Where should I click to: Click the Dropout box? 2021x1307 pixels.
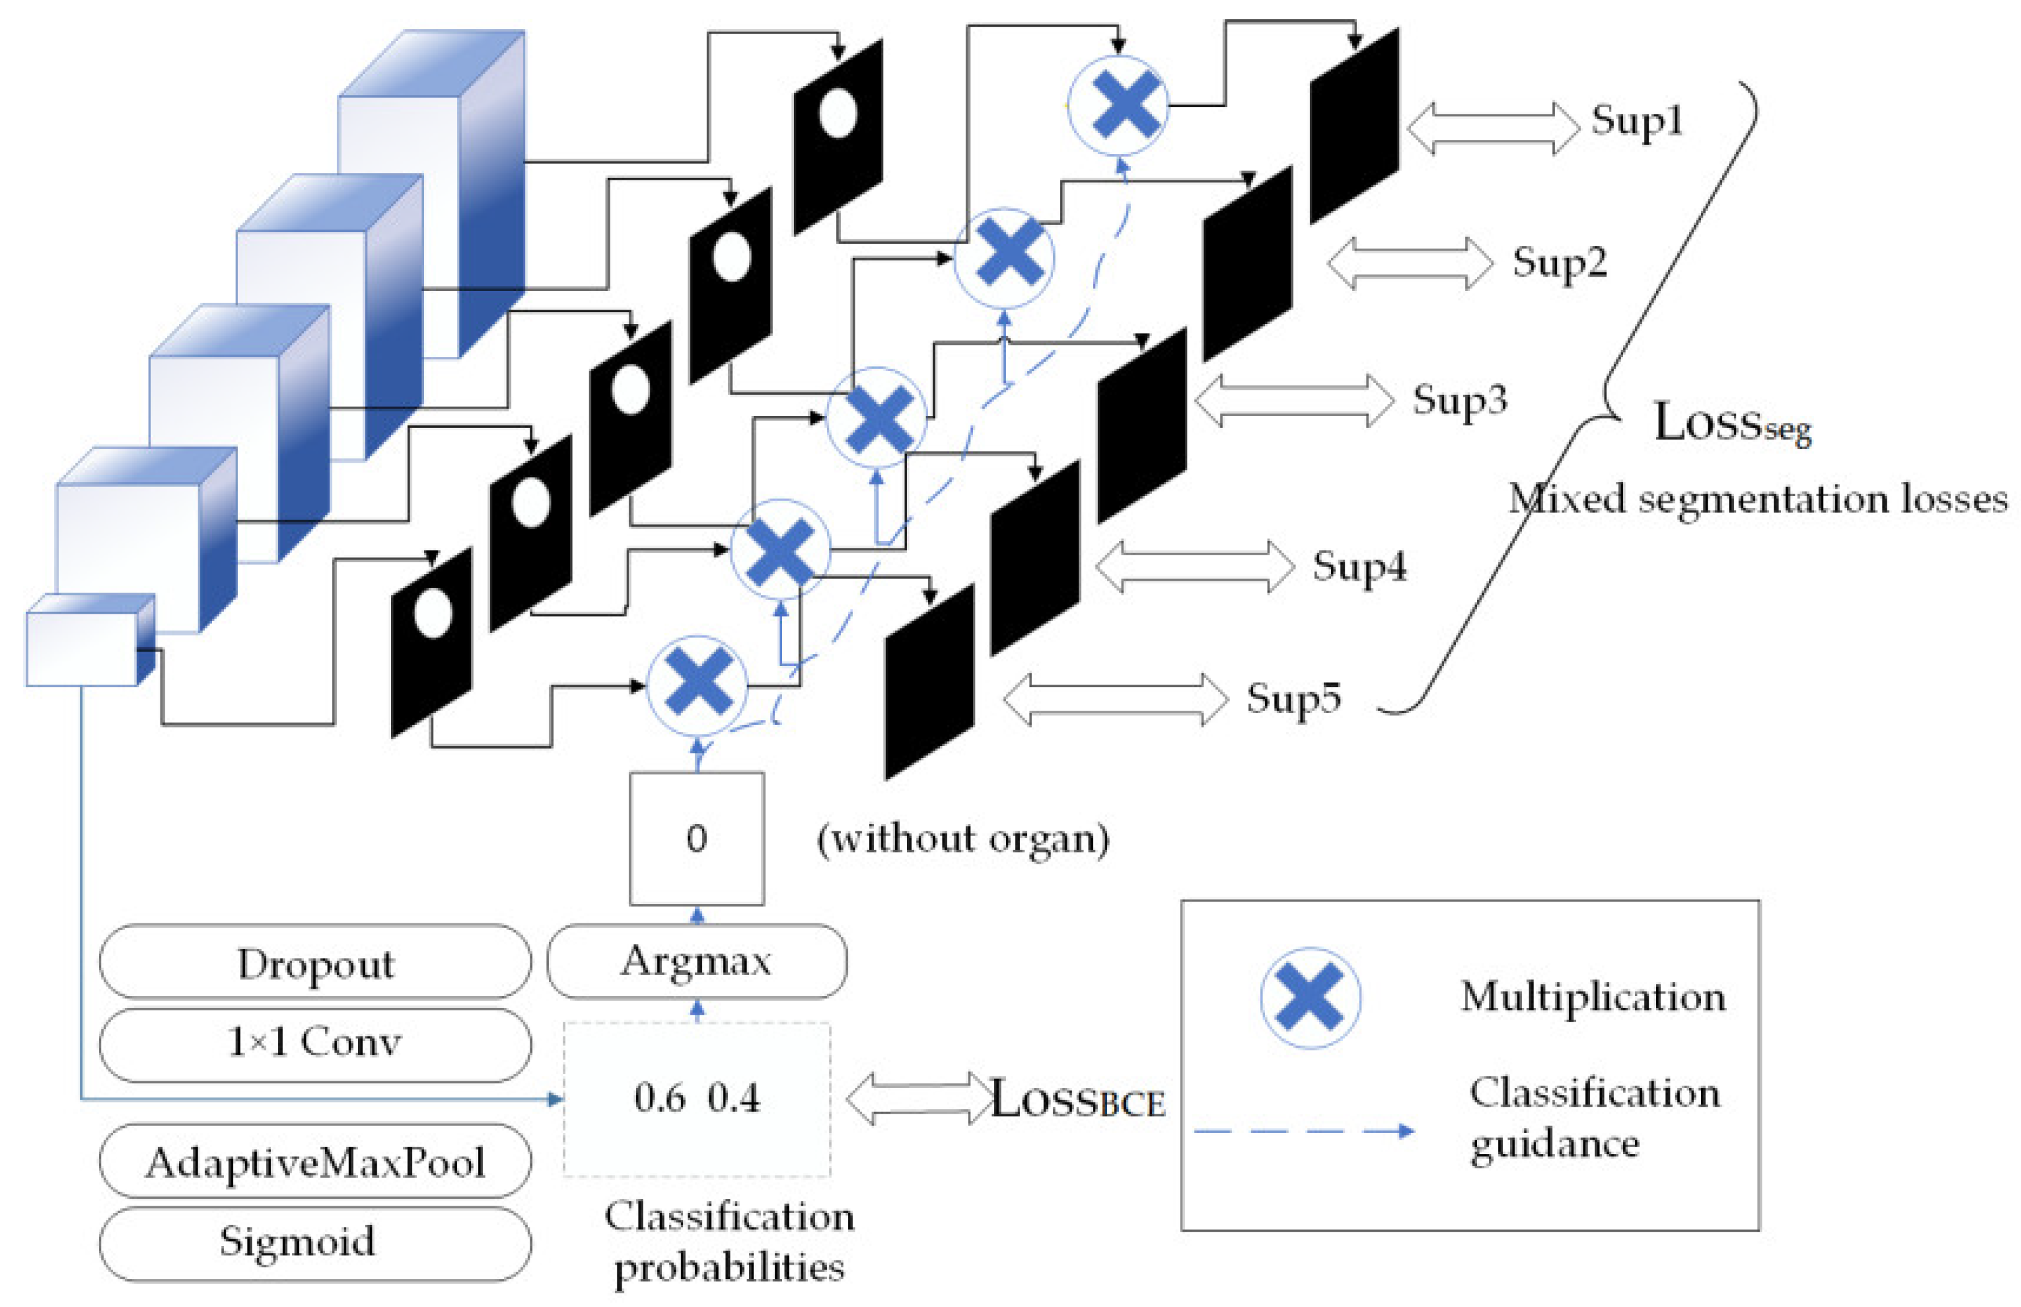click(315, 963)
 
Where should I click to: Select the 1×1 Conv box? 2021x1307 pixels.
click(315, 1043)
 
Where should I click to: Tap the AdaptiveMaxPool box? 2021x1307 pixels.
click(315, 1162)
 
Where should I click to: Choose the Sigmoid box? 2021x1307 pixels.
click(315, 1242)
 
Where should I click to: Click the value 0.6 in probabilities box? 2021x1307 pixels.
click(658, 1098)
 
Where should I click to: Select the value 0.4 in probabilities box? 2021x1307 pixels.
click(734, 1098)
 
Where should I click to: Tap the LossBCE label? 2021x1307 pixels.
click(1077, 1099)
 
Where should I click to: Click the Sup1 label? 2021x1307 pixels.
click(1635, 121)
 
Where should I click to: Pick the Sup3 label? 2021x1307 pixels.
click(1458, 399)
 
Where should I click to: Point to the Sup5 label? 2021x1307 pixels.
click(1292, 698)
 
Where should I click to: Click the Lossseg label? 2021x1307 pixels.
click(1731, 423)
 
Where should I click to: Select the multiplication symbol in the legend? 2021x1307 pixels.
click(1309, 998)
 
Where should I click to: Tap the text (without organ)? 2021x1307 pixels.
click(962, 839)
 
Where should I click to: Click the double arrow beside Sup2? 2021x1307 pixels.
click(1409, 263)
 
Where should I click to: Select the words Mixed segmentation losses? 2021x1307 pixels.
click(1756, 499)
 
